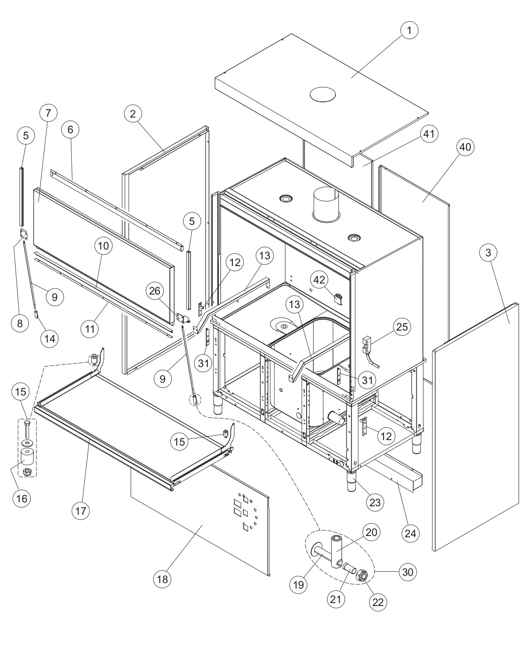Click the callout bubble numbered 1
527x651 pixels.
[409, 30]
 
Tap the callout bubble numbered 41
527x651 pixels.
[429, 134]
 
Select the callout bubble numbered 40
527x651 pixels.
[465, 147]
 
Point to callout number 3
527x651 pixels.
[488, 253]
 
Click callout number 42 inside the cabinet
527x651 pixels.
[319, 279]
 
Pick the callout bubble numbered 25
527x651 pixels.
[402, 326]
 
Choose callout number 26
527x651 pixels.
[155, 291]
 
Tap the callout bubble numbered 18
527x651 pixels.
[162, 579]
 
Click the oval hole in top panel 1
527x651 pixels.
[323, 94]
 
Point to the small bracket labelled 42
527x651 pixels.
[338, 298]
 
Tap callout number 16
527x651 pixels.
[22, 499]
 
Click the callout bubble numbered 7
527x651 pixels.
[48, 113]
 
